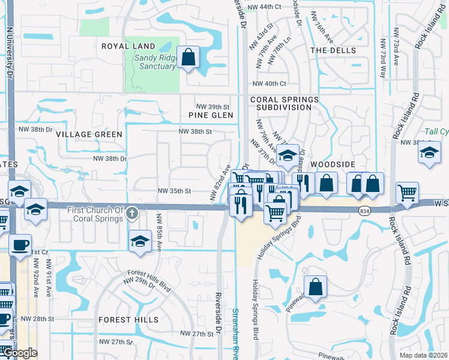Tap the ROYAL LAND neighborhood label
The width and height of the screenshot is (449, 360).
(x=128, y=46)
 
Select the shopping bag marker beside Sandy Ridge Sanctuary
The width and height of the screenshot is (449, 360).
(x=188, y=58)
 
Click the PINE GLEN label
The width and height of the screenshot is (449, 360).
(x=210, y=115)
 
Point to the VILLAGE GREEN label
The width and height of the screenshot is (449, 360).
(x=89, y=134)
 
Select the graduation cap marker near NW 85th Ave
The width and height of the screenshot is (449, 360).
(x=139, y=242)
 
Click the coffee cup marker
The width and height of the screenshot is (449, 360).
(x=20, y=245)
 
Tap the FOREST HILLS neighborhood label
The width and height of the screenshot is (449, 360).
(x=128, y=320)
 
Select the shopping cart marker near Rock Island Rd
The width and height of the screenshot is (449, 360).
(x=407, y=193)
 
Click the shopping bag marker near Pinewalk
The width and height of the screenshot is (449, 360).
(x=315, y=287)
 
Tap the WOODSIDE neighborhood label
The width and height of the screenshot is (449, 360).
(x=333, y=164)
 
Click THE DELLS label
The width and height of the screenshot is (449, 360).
(x=333, y=50)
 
